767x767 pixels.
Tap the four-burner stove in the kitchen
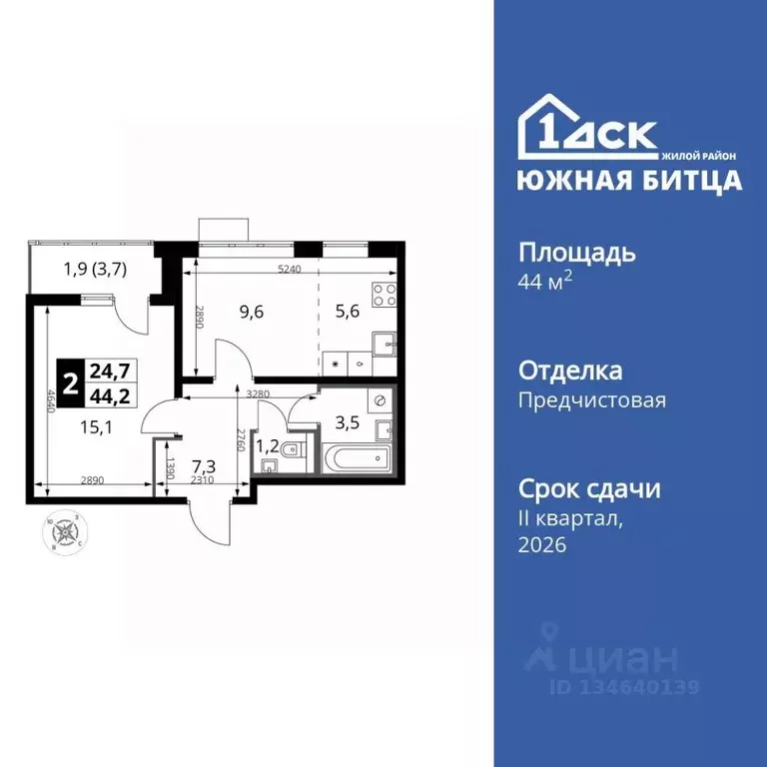[x=384, y=296]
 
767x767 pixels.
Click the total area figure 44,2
[x=110, y=395]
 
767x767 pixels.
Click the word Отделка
[x=570, y=372]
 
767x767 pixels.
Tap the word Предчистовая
[x=591, y=400]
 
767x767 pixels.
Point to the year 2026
[x=542, y=544]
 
